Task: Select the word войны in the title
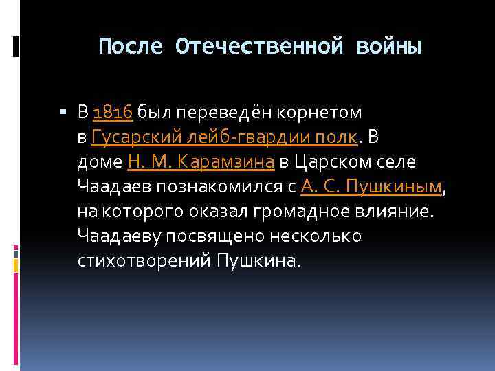(x=388, y=47)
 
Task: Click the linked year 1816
(x=114, y=111)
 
